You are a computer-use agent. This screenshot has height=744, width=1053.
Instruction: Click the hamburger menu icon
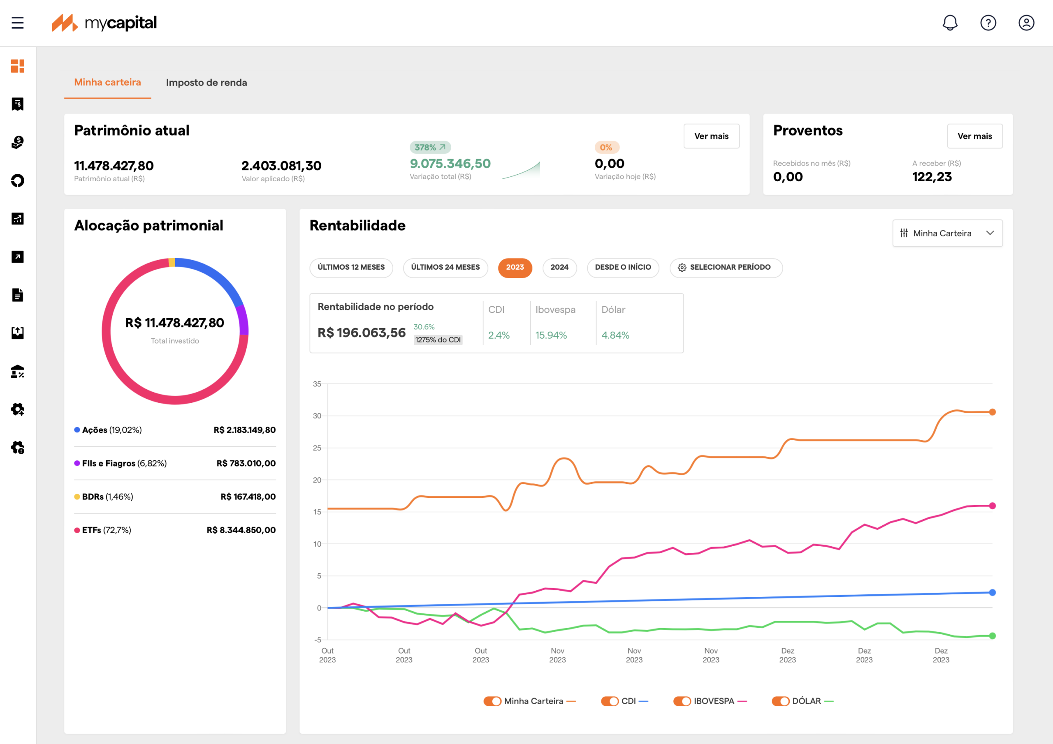[17, 23]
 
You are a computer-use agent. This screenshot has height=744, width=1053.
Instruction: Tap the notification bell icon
[950, 23]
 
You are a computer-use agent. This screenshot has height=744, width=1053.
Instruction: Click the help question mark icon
[988, 23]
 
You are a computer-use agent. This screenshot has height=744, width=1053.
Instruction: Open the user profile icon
[1026, 23]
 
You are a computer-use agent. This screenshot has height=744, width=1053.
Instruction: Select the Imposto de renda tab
[206, 83]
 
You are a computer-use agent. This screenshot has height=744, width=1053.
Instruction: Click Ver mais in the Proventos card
[974, 136]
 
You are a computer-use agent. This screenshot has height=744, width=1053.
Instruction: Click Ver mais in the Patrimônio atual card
[711, 136]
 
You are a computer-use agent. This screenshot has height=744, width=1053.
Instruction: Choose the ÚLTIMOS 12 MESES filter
[351, 268]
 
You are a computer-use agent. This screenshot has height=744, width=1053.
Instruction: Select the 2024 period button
[559, 268]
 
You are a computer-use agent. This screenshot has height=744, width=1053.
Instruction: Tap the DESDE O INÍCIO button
[623, 268]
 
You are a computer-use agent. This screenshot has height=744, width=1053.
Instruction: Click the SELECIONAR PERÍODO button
[726, 268]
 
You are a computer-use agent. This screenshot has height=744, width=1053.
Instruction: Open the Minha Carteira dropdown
[948, 233]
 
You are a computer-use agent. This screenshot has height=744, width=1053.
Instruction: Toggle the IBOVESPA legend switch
[682, 701]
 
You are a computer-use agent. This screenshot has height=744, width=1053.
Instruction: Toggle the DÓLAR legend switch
[781, 701]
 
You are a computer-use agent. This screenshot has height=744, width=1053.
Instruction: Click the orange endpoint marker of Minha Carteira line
[993, 412]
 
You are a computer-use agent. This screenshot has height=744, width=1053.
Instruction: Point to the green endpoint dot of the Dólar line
[993, 636]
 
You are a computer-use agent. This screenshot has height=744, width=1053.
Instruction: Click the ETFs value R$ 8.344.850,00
[241, 530]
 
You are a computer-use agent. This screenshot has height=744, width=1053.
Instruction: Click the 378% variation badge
[430, 148]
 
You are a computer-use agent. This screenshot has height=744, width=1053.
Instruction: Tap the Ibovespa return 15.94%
[551, 335]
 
